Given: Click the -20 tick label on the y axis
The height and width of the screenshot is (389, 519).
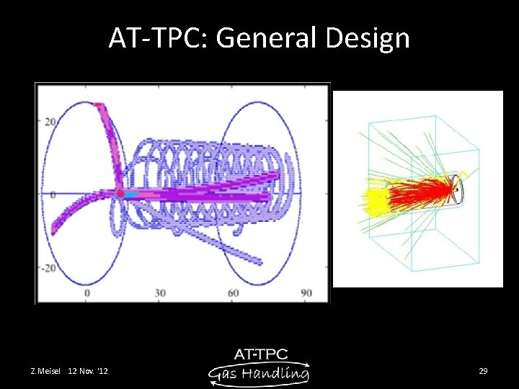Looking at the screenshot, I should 48,268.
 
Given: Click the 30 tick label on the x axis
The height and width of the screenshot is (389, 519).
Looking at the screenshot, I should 160,294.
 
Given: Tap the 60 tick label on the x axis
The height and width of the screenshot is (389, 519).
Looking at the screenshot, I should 234,294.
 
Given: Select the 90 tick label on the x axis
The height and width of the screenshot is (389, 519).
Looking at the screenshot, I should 306,294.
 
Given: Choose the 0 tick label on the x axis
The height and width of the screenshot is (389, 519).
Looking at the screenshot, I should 87,294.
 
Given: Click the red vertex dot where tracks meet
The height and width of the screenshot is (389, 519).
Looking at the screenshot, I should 120,193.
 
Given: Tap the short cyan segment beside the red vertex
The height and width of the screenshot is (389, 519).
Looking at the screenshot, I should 130,194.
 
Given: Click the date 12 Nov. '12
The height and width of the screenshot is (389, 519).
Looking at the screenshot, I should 89,371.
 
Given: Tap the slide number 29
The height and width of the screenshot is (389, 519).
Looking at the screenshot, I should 483,371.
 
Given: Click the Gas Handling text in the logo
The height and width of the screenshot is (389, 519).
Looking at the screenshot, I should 259,373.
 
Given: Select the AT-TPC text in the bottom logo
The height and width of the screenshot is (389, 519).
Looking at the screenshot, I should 261,354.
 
